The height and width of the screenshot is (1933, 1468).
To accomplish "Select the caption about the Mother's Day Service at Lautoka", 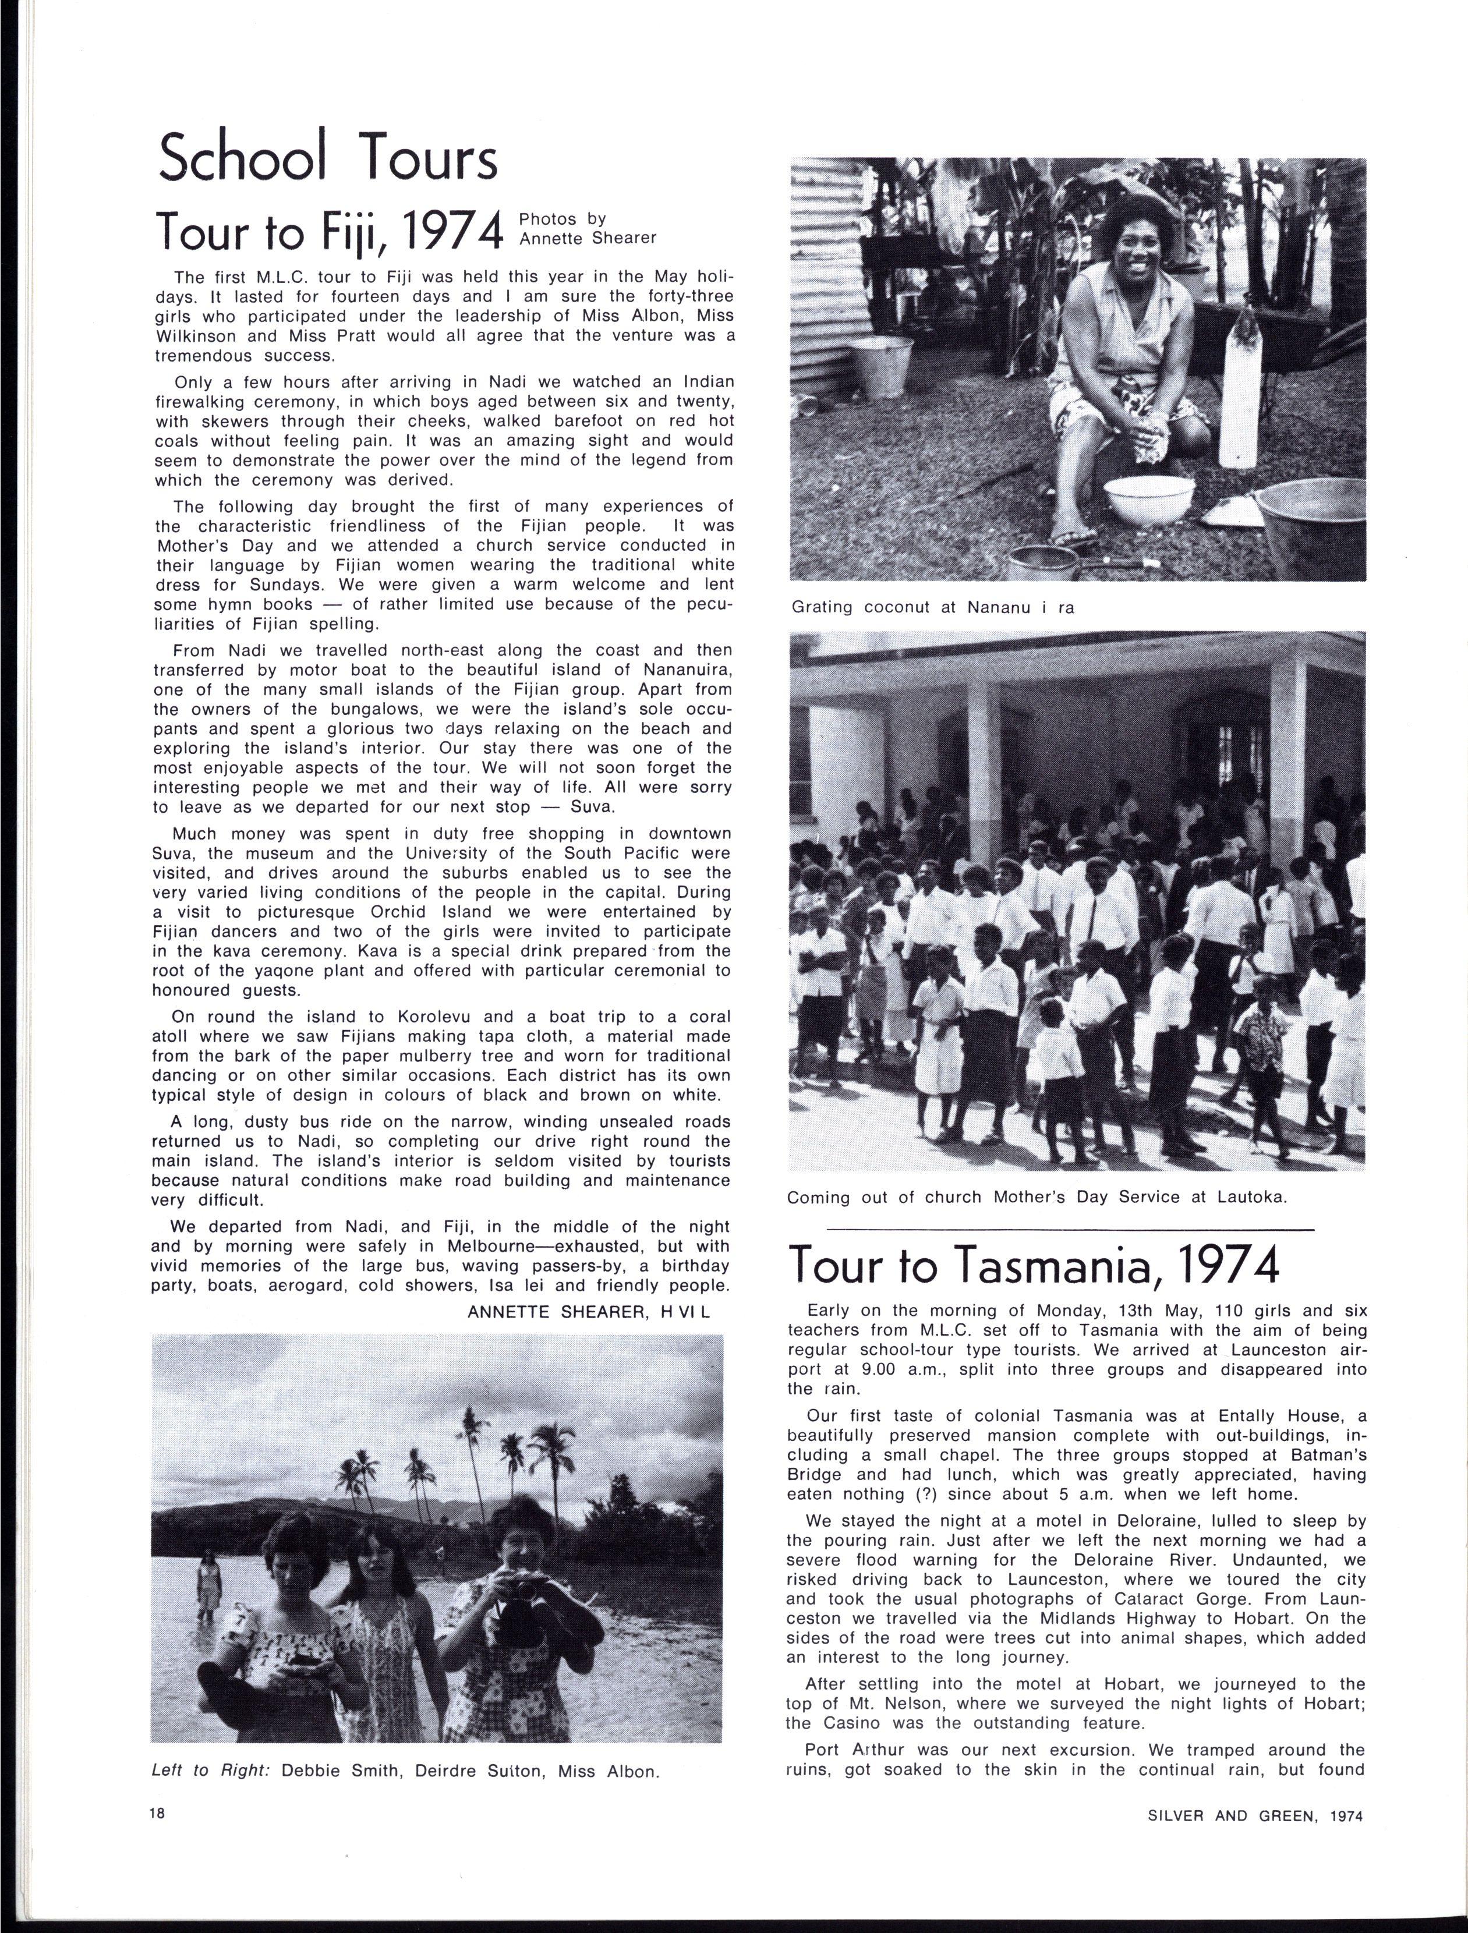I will click(1037, 1197).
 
